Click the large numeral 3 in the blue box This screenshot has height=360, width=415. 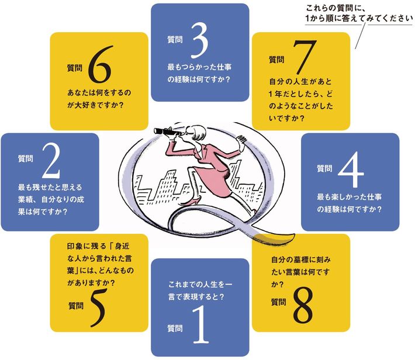point(200,40)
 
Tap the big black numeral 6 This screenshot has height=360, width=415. point(100,64)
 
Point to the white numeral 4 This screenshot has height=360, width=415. point(351,169)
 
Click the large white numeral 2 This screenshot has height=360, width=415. point(51,160)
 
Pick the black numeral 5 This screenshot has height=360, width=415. point(98,307)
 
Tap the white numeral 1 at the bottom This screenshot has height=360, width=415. point(200,324)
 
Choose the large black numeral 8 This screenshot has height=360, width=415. point(303,305)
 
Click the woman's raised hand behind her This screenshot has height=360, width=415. point(241,140)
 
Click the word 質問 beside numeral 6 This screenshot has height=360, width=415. point(75,68)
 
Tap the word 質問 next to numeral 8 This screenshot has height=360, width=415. point(278,302)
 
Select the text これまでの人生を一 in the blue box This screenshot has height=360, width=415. point(200,285)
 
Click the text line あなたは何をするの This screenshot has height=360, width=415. point(99,93)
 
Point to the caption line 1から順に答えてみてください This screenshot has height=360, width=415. point(359,18)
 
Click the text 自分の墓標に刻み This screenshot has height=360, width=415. point(300,259)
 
